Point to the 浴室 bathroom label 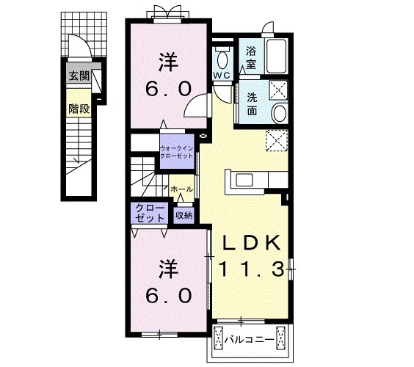coord(251,57)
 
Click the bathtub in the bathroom coord(277,56)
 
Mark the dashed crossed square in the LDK coord(277,139)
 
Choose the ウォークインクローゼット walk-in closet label coord(176,152)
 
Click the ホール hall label coord(181,189)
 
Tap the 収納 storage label coord(184,215)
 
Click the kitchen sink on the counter coord(244,179)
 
